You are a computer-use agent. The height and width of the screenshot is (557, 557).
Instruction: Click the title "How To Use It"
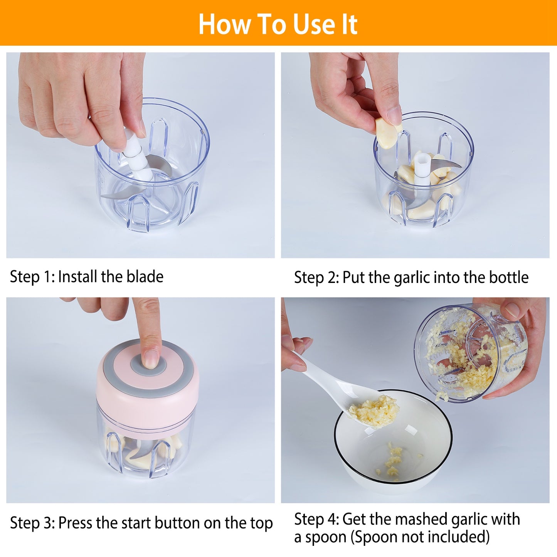point(278,24)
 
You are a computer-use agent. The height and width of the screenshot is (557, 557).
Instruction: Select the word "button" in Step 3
point(177,523)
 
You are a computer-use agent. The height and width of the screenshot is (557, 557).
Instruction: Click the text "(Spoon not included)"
point(420,537)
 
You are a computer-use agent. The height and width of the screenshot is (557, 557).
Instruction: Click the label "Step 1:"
point(32,277)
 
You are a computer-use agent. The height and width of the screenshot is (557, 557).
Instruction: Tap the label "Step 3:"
point(32,523)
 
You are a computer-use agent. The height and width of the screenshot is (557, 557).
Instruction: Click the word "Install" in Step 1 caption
point(77,277)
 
